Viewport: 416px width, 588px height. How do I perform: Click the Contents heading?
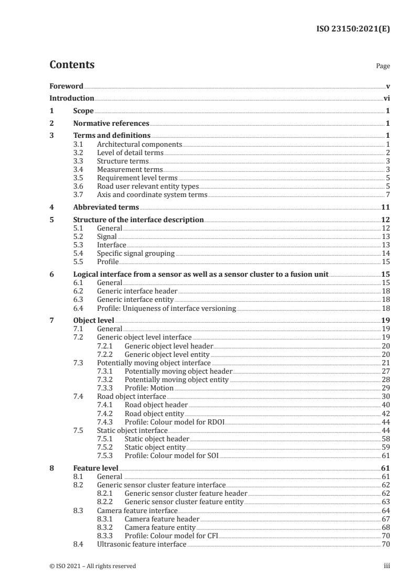(x=72, y=65)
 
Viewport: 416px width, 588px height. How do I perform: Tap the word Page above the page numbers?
(x=383, y=67)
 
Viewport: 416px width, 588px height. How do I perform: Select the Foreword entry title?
(x=66, y=86)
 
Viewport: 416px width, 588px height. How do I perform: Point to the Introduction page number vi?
(x=386, y=98)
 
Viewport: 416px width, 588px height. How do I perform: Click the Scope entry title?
(x=83, y=111)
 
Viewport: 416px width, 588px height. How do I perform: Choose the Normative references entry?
(x=111, y=124)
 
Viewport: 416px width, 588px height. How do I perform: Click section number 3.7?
(x=78, y=195)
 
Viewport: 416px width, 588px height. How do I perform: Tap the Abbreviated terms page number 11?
(x=386, y=207)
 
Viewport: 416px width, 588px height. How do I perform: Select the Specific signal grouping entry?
(x=136, y=253)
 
